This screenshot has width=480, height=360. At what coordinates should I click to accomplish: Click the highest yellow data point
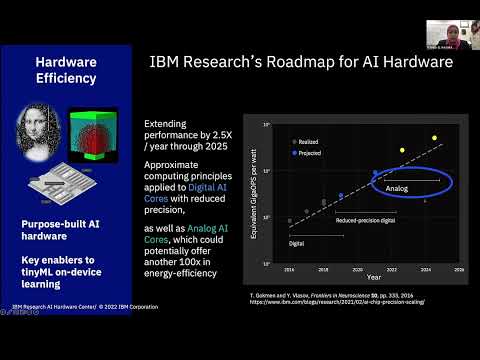pyautogui.click(x=434, y=138)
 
